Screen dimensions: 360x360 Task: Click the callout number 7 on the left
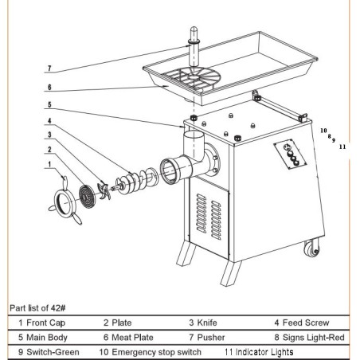coord(49,68)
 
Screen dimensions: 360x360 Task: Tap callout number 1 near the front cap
coord(50,166)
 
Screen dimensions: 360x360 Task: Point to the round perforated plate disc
coord(85,194)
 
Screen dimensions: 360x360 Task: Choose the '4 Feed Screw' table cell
coord(303,323)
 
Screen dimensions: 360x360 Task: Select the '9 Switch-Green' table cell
coord(49,351)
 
